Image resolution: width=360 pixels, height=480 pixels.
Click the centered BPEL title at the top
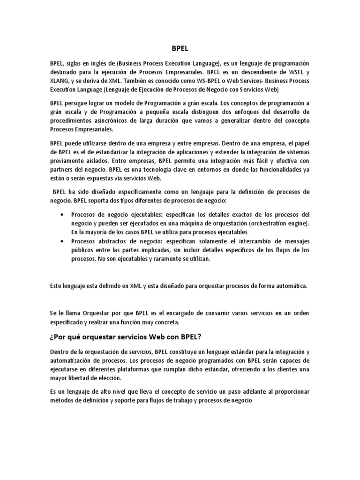coord(180,47)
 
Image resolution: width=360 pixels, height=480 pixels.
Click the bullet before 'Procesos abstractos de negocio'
coord(63,241)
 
